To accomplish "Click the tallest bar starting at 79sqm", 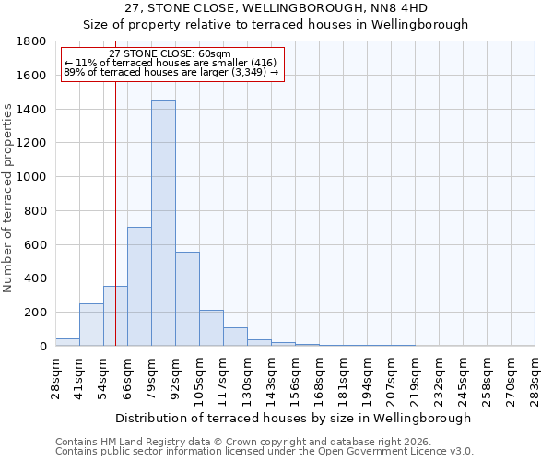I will point(163,223).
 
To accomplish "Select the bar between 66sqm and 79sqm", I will point(139,286).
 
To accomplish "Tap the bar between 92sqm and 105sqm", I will point(187,299).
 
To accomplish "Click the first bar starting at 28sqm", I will point(67,342).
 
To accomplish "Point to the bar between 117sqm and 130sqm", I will point(235,337).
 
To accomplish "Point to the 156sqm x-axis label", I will point(295,377).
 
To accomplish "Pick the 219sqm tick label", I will point(415,377).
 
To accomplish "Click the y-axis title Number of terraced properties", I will point(8,198).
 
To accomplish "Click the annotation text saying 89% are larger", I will point(171,72).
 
